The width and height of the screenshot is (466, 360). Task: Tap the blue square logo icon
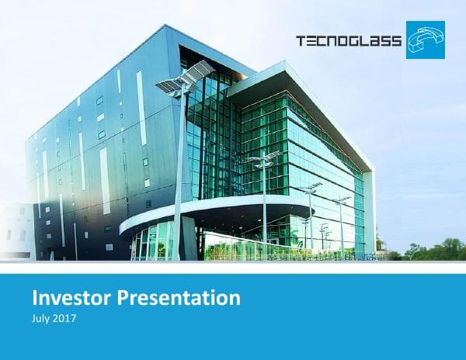[425, 40]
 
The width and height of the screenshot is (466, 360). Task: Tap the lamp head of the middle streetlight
[264, 158]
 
